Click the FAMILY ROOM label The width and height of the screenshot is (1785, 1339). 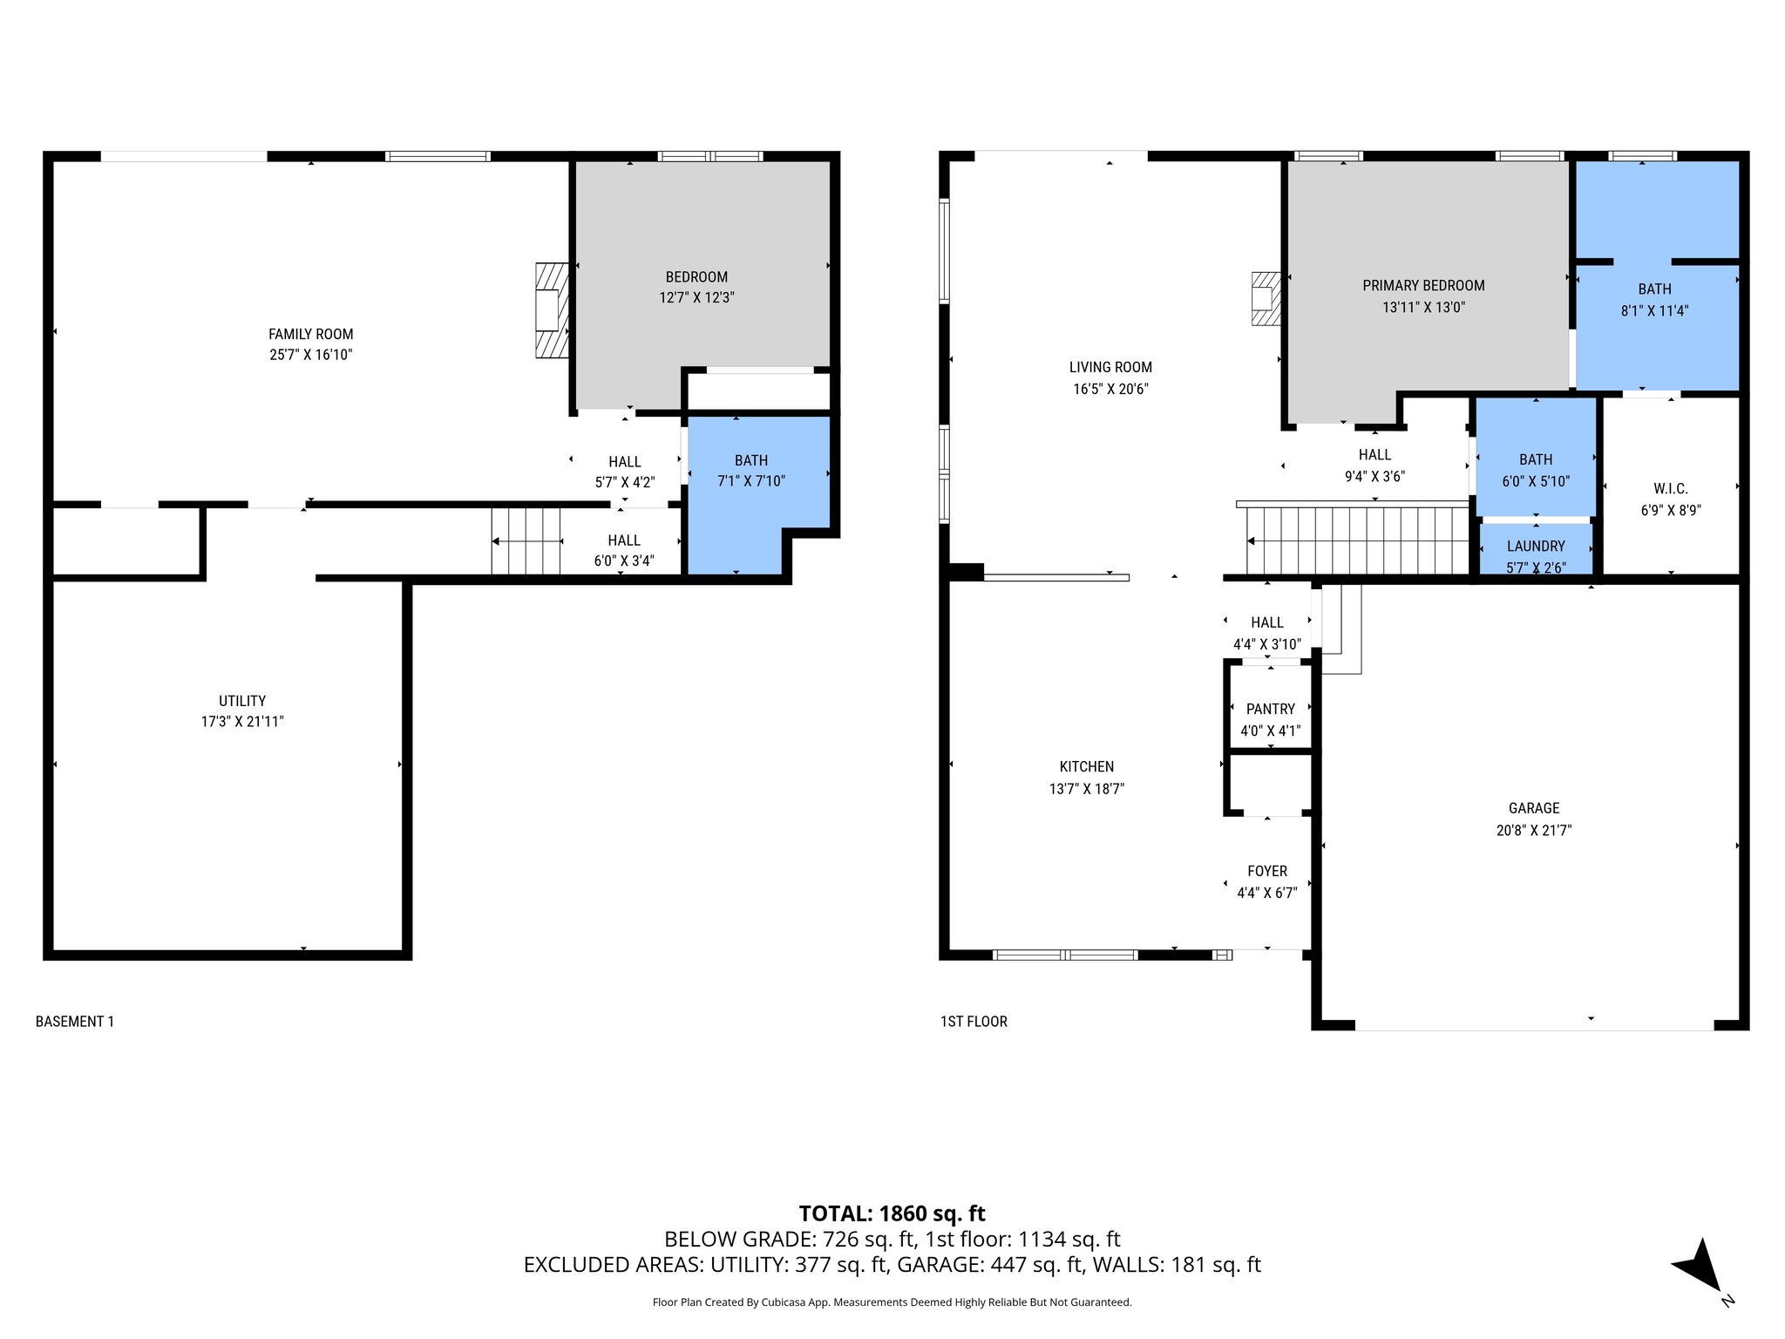click(x=310, y=334)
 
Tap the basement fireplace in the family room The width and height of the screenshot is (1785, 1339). click(x=551, y=310)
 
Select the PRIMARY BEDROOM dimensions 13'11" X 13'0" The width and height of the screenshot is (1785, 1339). click(x=1423, y=307)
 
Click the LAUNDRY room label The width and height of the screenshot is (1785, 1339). click(x=1536, y=546)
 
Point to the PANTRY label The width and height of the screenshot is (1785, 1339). click(x=1270, y=709)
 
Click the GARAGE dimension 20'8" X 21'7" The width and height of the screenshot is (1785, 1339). click(x=1533, y=830)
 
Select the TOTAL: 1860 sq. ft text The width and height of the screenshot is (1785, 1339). click(x=892, y=1213)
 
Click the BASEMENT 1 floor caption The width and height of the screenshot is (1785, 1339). click(x=75, y=1021)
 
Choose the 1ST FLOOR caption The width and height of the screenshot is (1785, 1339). click(x=974, y=1021)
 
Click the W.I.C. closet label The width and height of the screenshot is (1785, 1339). click(x=1670, y=488)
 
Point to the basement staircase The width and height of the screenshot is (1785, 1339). click(x=526, y=541)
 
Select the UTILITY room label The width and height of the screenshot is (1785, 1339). click(x=242, y=700)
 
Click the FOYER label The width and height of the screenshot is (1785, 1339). click(x=1266, y=871)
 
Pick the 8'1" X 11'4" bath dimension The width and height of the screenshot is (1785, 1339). click(x=1654, y=310)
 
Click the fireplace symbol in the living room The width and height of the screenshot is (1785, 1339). click(x=1265, y=298)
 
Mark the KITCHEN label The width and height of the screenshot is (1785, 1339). click(x=1086, y=766)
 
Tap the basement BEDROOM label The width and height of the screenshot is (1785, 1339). click(x=696, y=276)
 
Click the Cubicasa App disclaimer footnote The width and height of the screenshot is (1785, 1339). click(x=892, y=1302)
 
